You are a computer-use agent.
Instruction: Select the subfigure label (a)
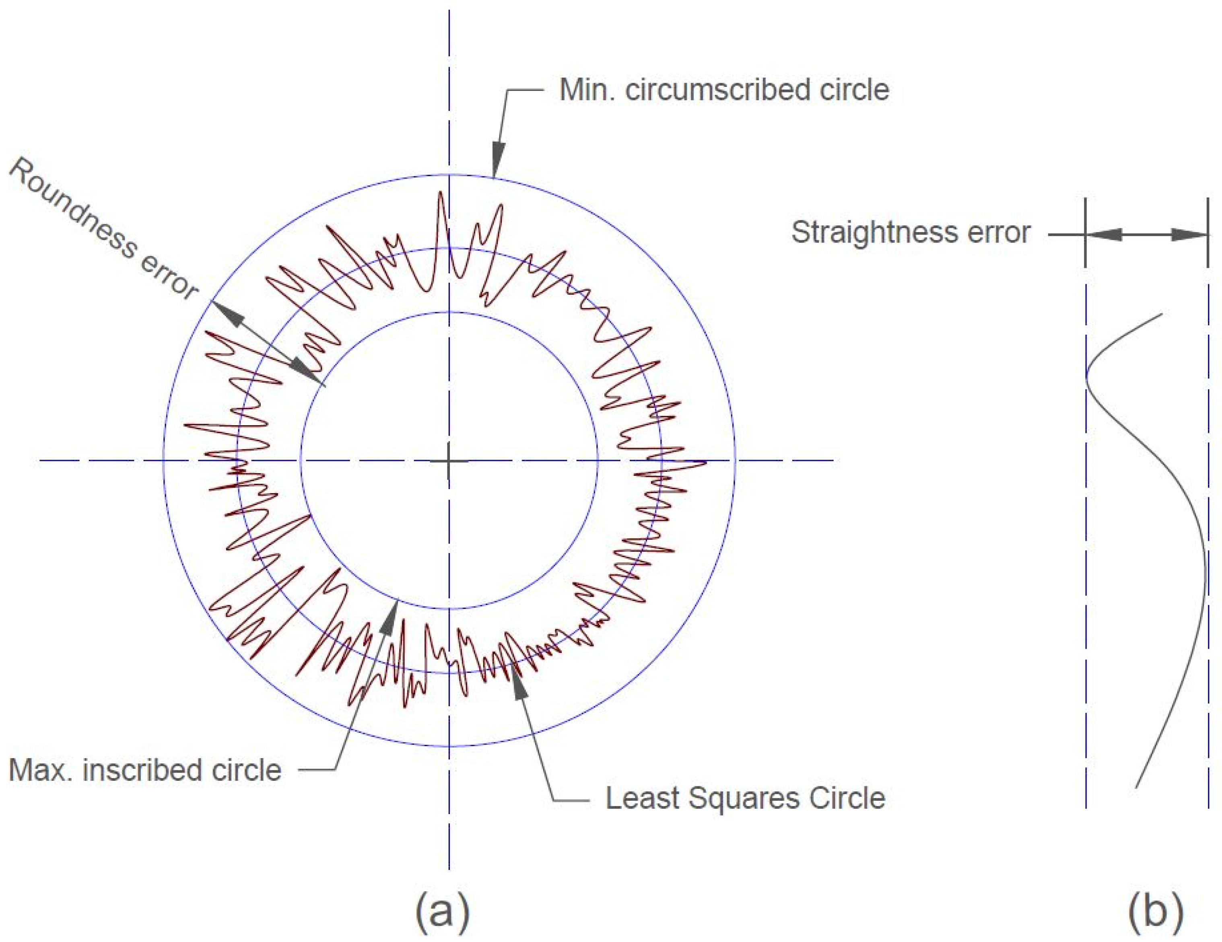pos(442,911)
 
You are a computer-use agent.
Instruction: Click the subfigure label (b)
pos(1155,911)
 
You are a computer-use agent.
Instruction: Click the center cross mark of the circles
pos(449,461)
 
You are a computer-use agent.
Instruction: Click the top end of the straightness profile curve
pos(1162,315)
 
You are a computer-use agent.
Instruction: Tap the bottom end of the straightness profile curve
pos(1136,788)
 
